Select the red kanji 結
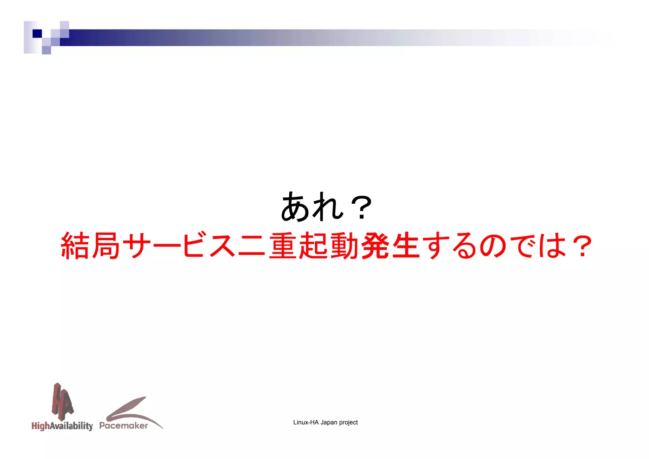point(75,246)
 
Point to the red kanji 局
point(106,246)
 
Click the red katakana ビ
point(194,245)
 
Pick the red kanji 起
point(313,246)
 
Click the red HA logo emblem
point(62,401)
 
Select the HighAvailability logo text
point(62,426)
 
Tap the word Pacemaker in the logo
point(124,425)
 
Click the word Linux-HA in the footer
point(306,422)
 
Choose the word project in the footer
point(348,423)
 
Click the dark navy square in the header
point(37,33)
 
